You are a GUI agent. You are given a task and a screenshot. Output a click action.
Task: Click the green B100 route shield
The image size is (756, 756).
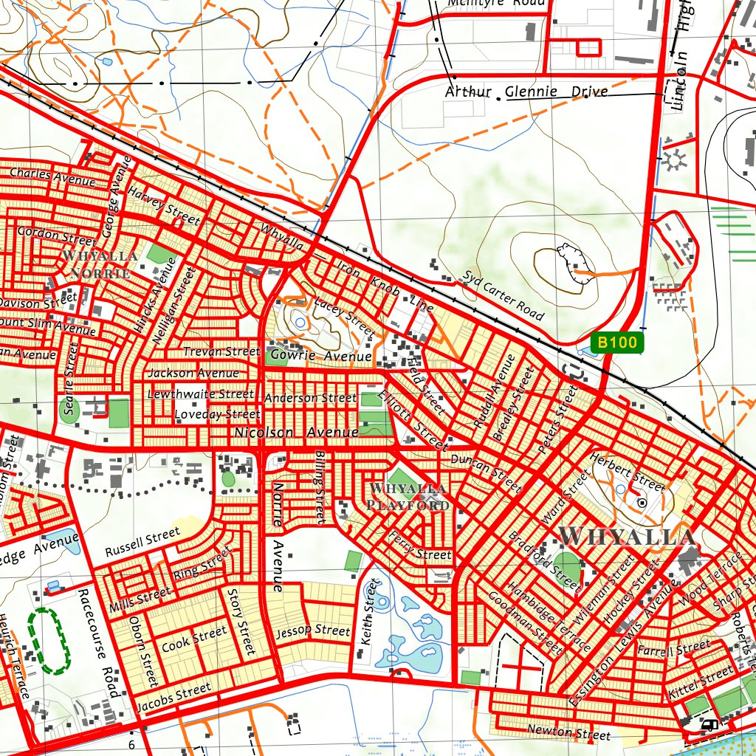(x=617, y=343)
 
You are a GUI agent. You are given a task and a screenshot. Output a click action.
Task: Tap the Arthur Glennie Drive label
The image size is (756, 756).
(x=526, y=92)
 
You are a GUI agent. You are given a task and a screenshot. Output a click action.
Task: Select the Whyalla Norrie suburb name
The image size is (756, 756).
(x=100, y=264)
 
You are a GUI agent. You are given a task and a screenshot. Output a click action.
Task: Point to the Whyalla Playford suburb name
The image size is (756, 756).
(x=408, y=498)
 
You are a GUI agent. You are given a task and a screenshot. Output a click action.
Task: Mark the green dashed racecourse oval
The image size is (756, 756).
(x=48, y=640)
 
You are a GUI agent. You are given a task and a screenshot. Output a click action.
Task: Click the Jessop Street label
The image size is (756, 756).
(x=312, y=632)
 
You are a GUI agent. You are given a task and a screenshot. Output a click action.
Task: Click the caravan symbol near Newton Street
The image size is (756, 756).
(x=709, y=725)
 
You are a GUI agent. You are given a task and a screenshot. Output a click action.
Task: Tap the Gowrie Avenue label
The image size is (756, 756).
(x=320, y=357)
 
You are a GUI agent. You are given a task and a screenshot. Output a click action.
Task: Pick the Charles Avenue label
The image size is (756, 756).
(x=52, y=177)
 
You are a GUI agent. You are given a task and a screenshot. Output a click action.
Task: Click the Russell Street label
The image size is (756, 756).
(x=142, y=542)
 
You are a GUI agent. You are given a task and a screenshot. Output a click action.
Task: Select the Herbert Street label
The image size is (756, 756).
(x=628, y=471)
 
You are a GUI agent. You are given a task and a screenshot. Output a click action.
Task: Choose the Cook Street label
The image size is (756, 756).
(x=194, y=639)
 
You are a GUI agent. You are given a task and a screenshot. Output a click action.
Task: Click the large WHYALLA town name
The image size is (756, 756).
(x=627, y=535)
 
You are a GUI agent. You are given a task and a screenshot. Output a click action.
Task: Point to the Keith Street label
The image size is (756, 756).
(x=367, y=613)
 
